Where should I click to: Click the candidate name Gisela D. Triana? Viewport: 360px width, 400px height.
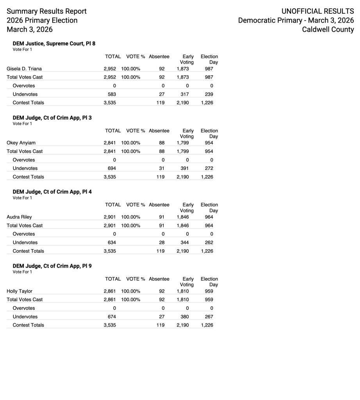pos(24,69)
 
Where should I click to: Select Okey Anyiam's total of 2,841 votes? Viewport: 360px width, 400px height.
pos(110,143)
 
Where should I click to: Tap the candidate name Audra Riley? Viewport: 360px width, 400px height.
pos(20,217)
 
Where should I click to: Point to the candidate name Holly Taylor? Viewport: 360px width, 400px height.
pos(20,291)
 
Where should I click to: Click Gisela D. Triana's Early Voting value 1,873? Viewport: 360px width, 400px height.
pos(183,69)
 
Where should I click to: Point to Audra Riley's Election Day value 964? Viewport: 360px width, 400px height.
pos(209,217)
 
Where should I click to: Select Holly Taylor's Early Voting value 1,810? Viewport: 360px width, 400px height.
pos(183,291)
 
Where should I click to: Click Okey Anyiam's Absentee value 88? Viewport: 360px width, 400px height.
pos(162,143)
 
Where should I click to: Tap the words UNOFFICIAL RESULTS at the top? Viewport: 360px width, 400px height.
pos(317,11)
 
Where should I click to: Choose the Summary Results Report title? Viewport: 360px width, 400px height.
pos(46,11)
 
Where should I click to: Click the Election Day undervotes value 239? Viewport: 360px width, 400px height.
pos(209,94)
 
